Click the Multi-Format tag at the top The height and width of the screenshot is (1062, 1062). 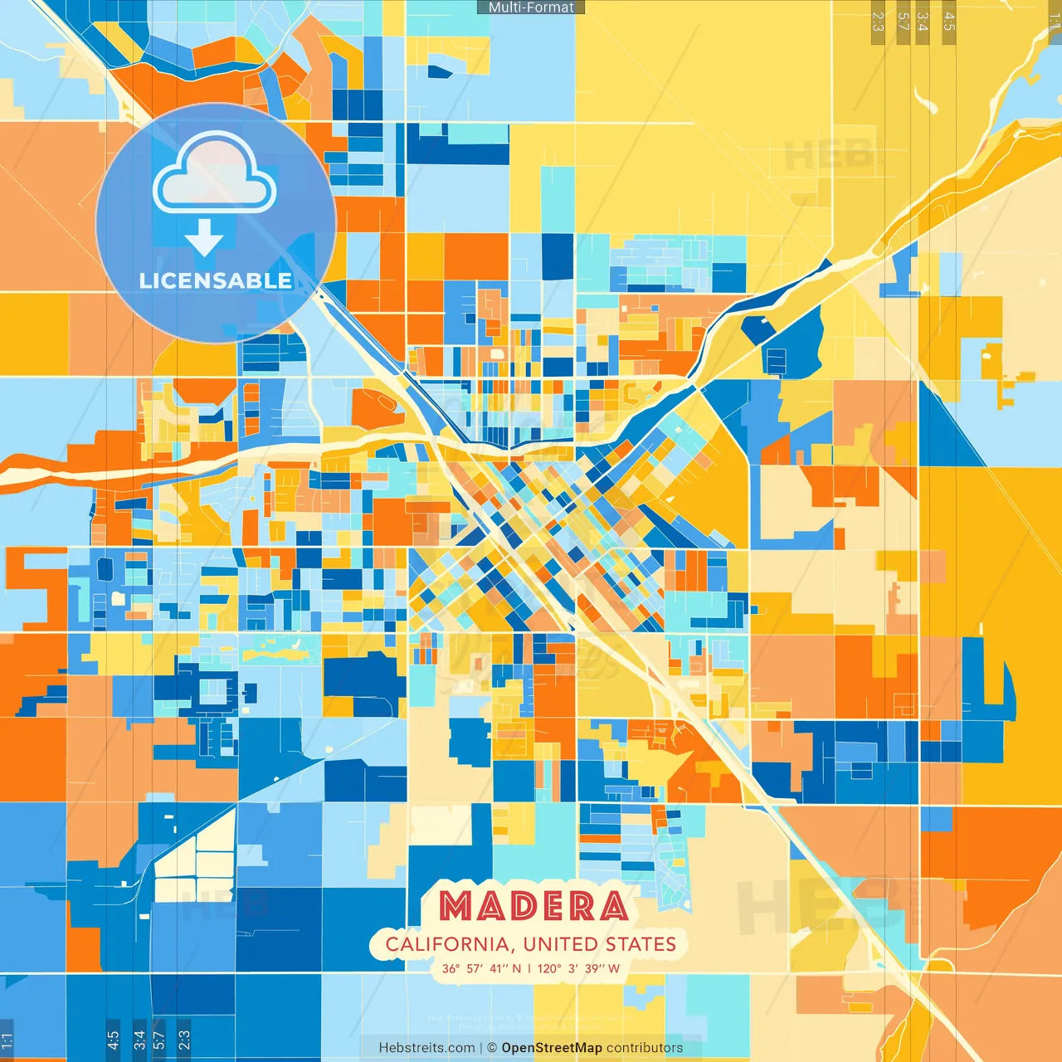tap(531, 7)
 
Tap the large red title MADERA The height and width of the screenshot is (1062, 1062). tap(533, 906)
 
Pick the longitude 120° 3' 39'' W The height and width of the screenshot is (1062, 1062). tap(579, 968)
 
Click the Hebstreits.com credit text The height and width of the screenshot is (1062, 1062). tap(426, 1048)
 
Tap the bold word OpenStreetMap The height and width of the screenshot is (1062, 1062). tap(552, 1048)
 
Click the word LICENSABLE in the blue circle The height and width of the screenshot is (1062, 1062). tap(216, 280)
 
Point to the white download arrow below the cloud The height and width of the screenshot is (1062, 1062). tap(204, 237)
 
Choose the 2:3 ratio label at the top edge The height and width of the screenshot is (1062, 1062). tap(878, 22)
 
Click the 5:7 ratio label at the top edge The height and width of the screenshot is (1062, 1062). tap(904, 22)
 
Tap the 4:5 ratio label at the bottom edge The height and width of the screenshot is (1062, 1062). tap(113, 1040)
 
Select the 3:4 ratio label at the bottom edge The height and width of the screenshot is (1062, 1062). tap(139, 1040)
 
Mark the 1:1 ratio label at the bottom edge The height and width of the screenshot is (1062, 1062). tap(7, 1040)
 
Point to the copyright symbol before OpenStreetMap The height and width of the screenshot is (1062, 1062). tap(492, 1048)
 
